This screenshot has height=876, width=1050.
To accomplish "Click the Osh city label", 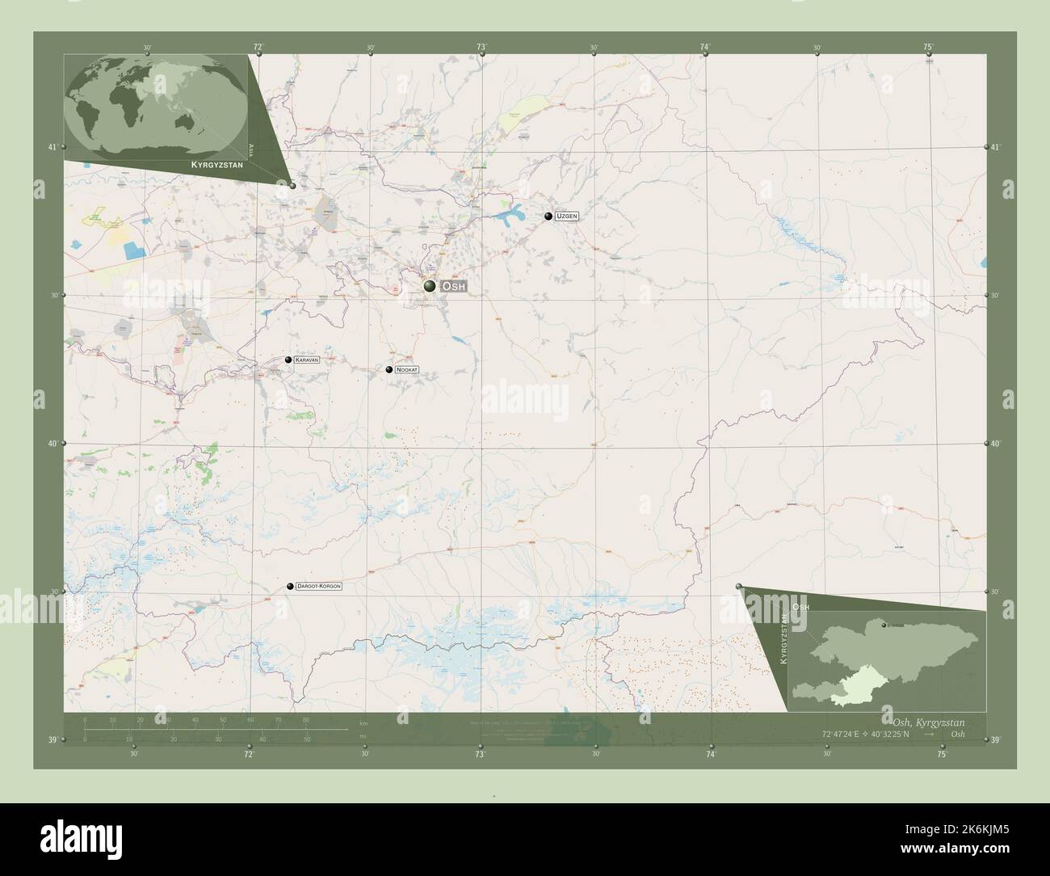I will (x=454, y=287).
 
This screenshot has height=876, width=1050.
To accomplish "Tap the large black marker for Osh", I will (x=430, y=286).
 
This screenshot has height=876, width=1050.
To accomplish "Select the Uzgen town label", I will (x=566, y=217).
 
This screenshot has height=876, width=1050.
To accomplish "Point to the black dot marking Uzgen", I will (x=548, y=217).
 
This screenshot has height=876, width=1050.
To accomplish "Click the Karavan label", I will (x=307, y=359).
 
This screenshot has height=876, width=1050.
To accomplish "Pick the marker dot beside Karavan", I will (x=288, y=359).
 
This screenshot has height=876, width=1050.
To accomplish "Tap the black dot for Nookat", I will (x=389, y=369).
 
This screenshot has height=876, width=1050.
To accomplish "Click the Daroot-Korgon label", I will (x=319, y=585).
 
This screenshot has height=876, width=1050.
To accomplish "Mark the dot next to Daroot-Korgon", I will (x=290, y=586).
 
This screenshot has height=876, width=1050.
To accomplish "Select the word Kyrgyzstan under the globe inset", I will (x=214, y=164).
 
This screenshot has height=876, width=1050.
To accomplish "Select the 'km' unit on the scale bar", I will (x=363, y=722).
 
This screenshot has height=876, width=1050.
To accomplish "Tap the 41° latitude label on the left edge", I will (x=52, y=147).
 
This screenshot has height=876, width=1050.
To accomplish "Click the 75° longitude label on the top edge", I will (x=929, y=48).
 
